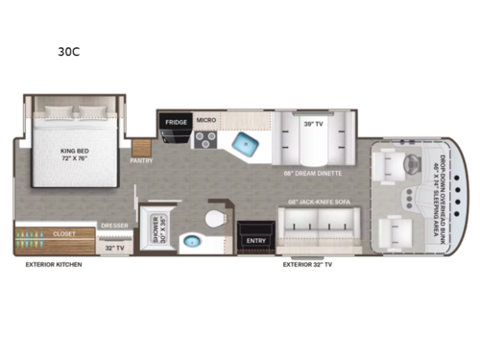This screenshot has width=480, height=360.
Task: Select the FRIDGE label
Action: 175,122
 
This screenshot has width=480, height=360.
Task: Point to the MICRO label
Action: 205,121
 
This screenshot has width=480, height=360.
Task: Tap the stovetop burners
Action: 204,140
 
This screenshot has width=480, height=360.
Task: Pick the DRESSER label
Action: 114,227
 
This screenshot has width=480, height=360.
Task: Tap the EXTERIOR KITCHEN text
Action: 54,264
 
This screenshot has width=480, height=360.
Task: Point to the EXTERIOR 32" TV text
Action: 311,264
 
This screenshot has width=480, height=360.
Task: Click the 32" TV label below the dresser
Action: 114,248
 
